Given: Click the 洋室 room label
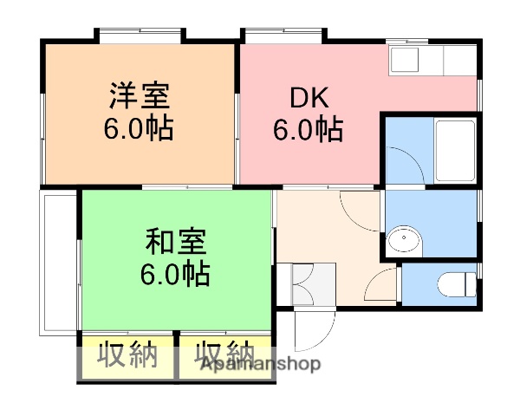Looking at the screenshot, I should tap(139, 94).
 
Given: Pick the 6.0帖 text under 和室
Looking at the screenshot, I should tap(175, 274).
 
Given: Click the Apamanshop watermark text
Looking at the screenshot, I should tap(261, 364).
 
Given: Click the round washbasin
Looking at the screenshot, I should tap(403, 240).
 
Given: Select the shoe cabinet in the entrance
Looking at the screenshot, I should tap(313, 282).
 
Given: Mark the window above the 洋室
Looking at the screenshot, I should tap(140, 36).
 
